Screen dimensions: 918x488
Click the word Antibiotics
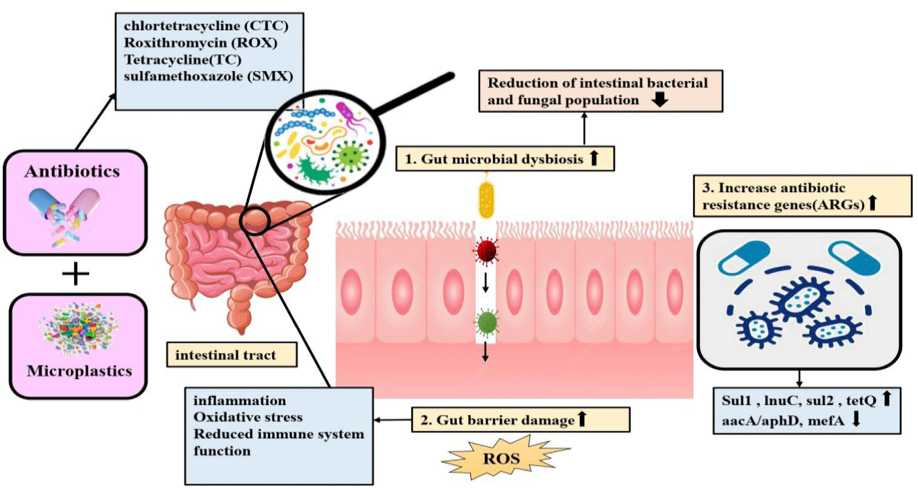[x=72, y=171]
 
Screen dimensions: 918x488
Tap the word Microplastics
[x=79, y=371]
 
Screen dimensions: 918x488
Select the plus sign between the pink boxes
[x=75, y=274]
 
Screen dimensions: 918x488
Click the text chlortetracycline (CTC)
[x=206, y=26]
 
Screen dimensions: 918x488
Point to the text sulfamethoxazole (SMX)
[x=208, y=76]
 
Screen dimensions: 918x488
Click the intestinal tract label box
[x=232, y=355]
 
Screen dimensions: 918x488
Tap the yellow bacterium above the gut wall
[x=487, y=199]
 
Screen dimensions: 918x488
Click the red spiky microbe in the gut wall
[x=486, y=252]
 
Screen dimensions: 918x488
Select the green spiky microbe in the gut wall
[x=487, y=322]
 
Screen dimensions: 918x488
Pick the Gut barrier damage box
[x=521, y=419]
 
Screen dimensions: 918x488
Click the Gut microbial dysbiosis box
[x=505, y=158]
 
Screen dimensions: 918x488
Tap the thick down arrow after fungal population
[x=660, y=99]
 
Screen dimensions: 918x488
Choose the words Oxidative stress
[x=248, y=417]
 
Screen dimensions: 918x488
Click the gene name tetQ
[x=861, y=400]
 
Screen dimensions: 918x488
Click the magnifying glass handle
[x=413, y=93]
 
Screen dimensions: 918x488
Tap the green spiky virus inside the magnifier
[x=351, y=155]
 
